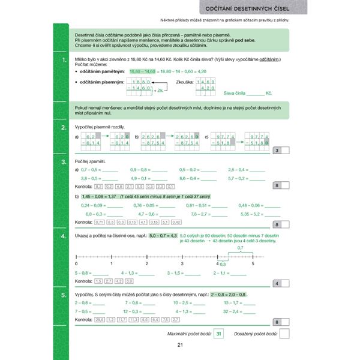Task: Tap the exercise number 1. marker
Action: tap(64, 61)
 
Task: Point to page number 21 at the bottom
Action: tap(180, 344)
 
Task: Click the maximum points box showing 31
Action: tap(219, 333)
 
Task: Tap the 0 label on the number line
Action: tap(76, 264)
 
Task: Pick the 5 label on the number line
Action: tap(253, 264)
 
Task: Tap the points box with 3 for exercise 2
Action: tap(276, 151)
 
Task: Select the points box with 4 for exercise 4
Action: tap(276, 284)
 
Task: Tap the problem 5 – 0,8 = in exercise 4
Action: tap(83, 273)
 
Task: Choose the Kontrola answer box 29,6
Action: tap(100, 320)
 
